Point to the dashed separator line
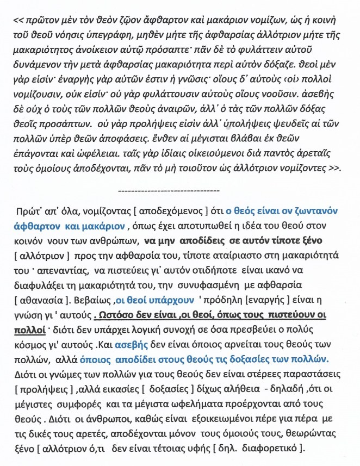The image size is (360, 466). (168, 191)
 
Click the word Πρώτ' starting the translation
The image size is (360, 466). (30, 210)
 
